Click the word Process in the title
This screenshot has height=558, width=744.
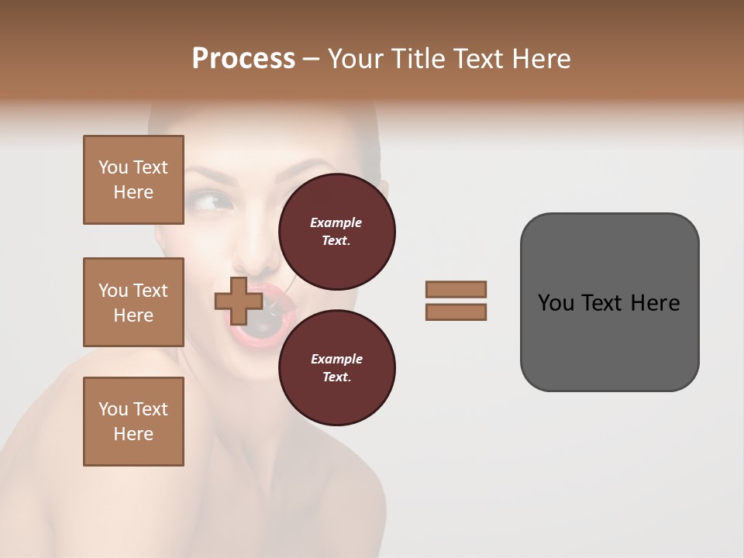click(243, 59)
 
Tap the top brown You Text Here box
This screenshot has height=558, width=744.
click(133, 180)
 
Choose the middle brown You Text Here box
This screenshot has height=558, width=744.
click(133, 302)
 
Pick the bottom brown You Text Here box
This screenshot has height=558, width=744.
click(133, 422)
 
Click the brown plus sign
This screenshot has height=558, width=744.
click(238, 301)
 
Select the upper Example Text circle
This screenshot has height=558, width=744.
click(336, 231)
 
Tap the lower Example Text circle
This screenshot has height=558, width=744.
click(336, 367)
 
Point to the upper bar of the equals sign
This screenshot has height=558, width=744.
click(456, 290)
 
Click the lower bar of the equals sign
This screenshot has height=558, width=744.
click(456, 312)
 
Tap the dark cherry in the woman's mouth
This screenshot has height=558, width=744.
click(261, 325)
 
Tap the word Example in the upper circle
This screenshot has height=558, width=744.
click(336, 222)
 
